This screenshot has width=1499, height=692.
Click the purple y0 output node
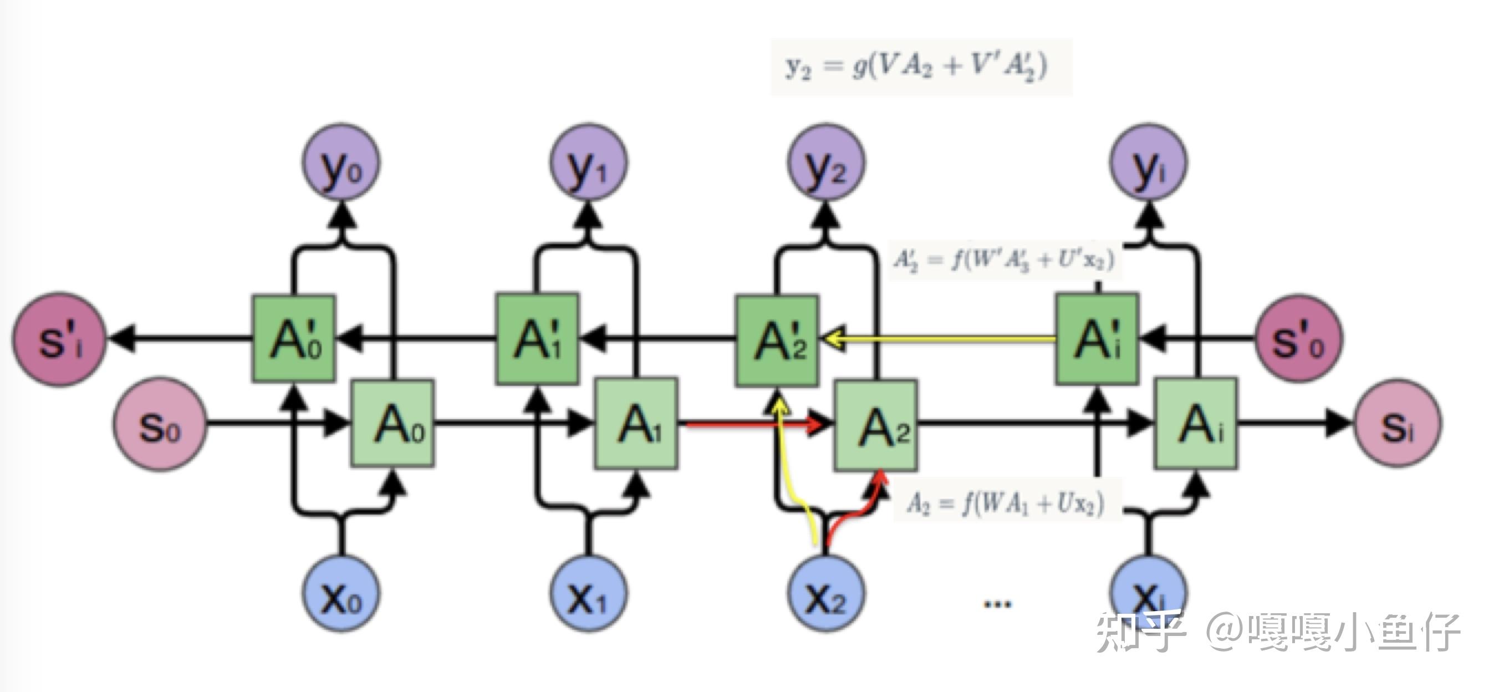point(341,162)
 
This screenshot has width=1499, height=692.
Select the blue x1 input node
point(588,593)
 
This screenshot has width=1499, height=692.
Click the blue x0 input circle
point(341,593)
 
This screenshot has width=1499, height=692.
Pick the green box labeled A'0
point(294,339)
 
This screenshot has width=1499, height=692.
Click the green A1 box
point(636,423)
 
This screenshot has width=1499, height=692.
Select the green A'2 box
point(777,340)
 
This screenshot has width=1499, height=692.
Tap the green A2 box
point(876,425)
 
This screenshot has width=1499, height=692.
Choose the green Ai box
point(1196,423)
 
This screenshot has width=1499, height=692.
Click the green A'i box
point(1098,338)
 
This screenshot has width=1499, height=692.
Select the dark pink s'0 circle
point(1298,339)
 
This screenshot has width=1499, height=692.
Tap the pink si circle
point(1398,424)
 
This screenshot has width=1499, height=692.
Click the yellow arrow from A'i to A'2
point(942,338)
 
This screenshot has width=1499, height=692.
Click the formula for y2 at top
point(921,67)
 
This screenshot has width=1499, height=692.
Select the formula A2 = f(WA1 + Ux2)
point(1006,502)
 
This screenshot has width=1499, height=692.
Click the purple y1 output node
point(588,162)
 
